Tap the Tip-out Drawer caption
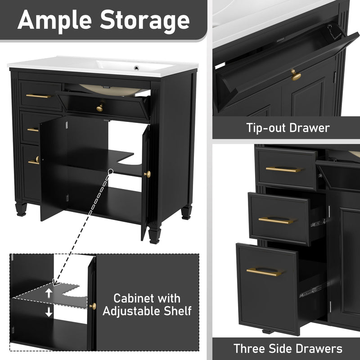(288, 128)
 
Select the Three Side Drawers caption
(288, 348)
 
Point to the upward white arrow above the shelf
(48, 292)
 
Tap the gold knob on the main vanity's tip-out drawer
(100, 107)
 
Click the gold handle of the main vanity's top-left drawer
(38, 96)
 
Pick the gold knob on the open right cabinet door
(147, 174)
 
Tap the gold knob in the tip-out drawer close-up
(296, 76)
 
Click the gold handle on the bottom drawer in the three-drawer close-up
(264, 272)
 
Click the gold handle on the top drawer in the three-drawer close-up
(283, 170)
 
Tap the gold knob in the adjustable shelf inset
(93, 306)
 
